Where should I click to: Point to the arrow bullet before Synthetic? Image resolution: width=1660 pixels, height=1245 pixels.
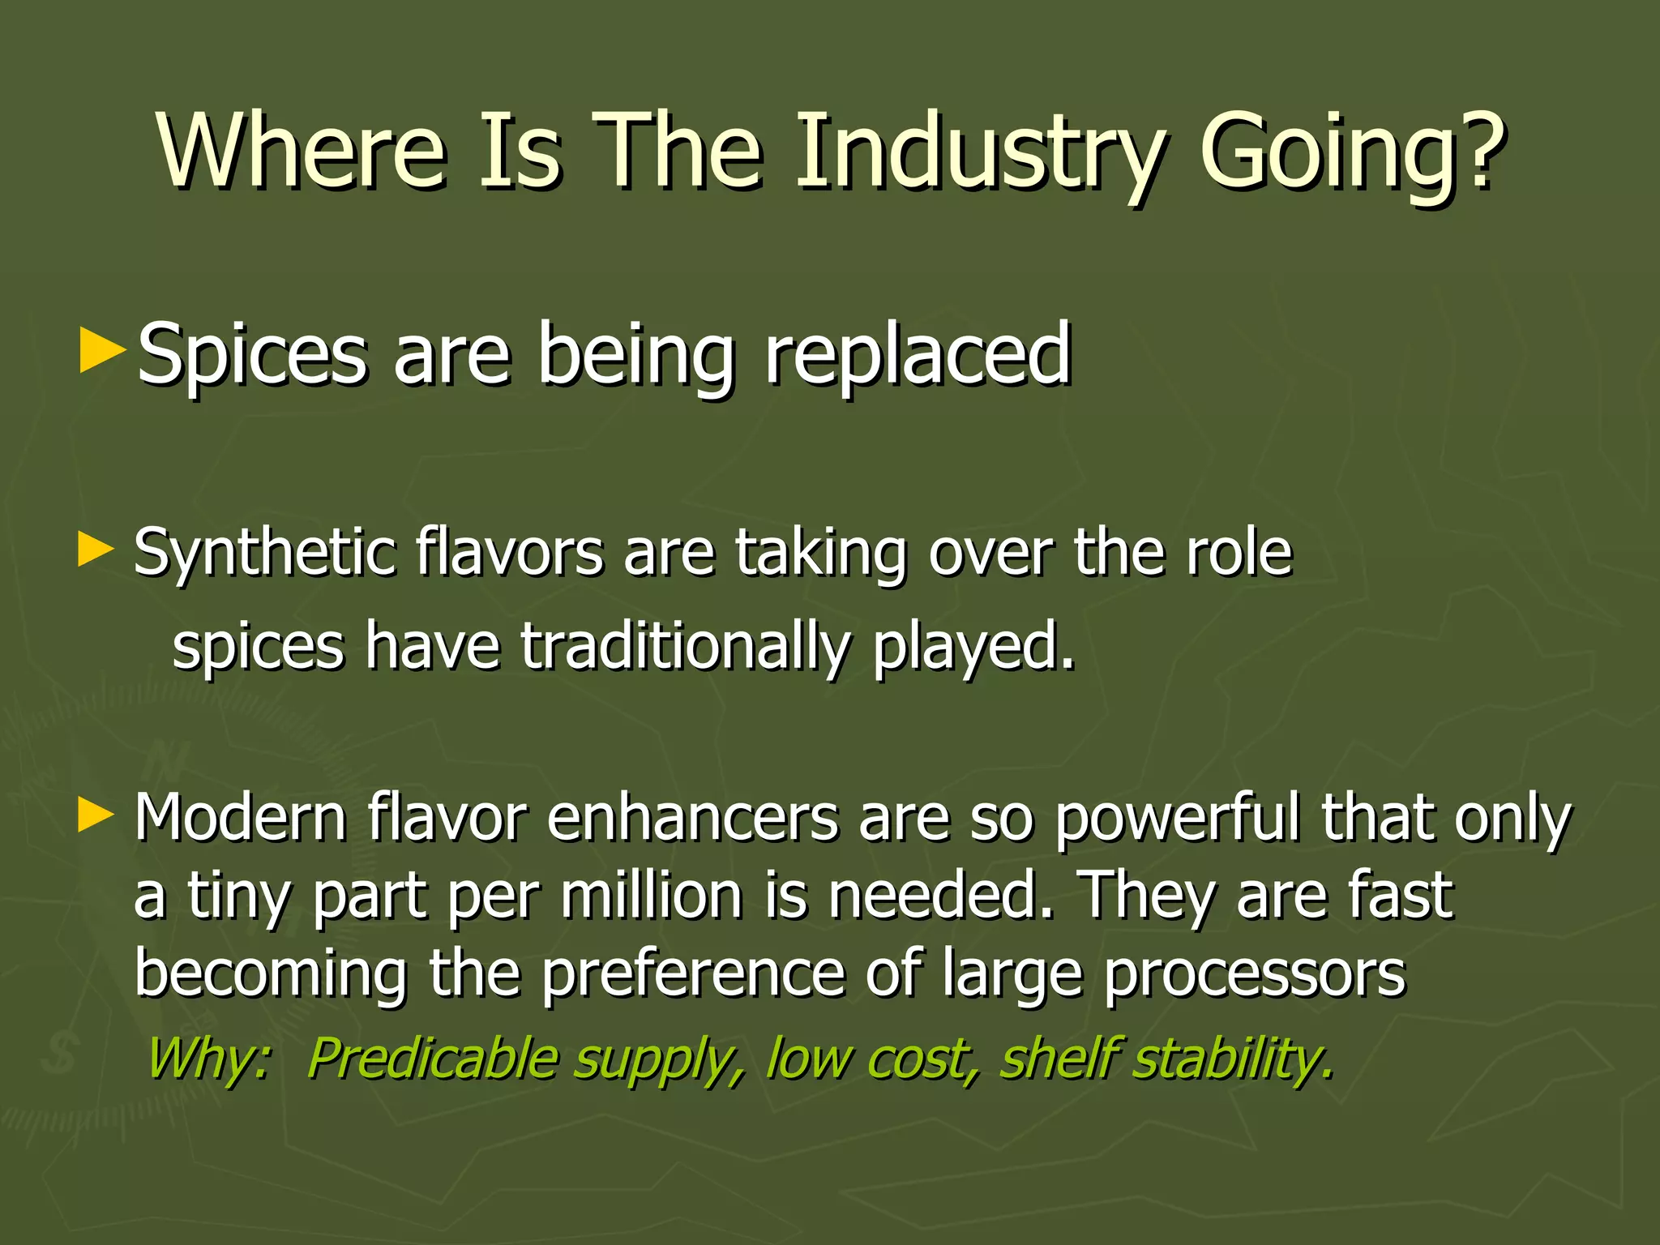[x=96, y=550]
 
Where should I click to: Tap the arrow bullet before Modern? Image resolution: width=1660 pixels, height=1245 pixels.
[x=96, y=815]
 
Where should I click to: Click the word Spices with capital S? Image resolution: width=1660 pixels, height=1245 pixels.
[x=252, y=357]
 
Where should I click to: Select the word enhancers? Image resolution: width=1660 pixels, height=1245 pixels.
[x=692, y=819]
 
